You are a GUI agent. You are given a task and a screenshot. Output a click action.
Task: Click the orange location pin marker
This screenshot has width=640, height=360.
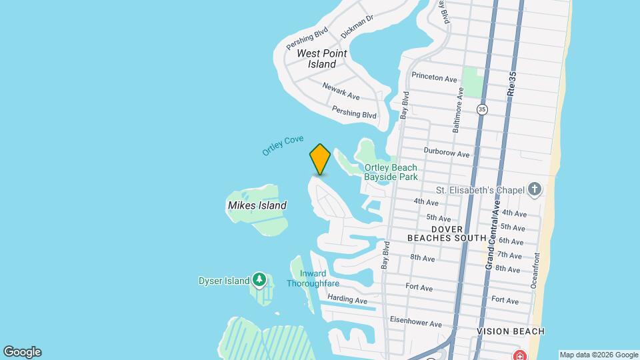pyautogui.click(x=320, y=159)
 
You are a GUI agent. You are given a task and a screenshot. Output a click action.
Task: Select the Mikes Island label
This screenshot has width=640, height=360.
pyautogui.click(x=257, y=205)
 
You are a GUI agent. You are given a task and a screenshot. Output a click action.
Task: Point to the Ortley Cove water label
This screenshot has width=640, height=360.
pyautogui.click(x=283, y=145)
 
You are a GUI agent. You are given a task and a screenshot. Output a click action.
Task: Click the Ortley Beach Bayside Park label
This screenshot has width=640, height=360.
pyautogui.click(x=391, y=172)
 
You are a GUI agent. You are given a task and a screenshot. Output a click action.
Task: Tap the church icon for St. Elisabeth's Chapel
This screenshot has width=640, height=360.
pyautogui.click(x=534, y=190)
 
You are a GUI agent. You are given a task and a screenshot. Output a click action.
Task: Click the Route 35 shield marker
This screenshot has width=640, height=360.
pyautogui.click(x=482, y=109)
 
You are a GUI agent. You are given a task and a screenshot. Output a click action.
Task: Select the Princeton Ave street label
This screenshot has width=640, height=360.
pyautogui.click(x=435, y=78)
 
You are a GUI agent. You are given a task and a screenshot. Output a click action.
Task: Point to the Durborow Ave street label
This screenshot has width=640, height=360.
pyautogui.click(x=447, y=153)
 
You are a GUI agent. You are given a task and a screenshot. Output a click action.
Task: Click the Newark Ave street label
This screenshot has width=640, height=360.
pyautogui.click(x=341, y=91)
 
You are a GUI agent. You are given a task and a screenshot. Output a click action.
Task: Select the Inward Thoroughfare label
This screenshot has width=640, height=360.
pyautogui.click(x=313, y=279)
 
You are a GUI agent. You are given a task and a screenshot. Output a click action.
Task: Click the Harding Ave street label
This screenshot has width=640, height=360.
pyautogui.click(x=347, y=300)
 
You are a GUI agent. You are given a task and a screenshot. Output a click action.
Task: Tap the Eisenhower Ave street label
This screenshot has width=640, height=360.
pyautogui.click(x=415, y=321)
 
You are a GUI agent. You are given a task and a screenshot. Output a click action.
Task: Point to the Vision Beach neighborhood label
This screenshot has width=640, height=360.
pyautogui.click(x=511, y=331)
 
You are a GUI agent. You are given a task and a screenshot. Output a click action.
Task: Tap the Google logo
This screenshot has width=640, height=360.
pyautogui.click(x=22, y=352)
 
